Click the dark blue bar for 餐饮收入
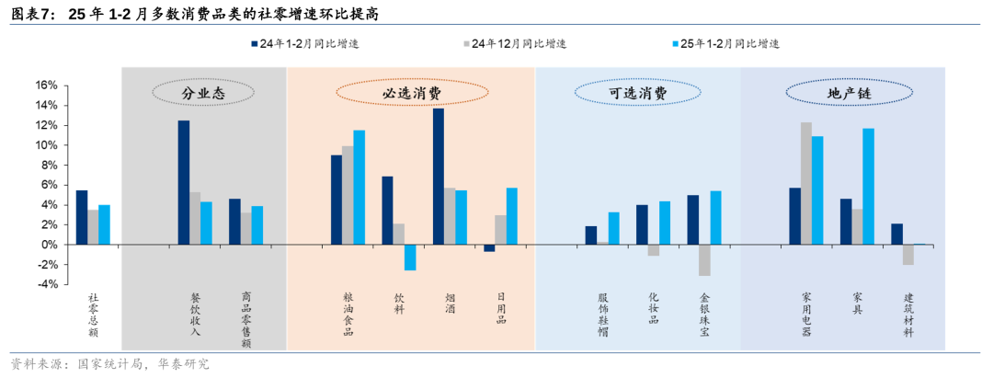click(184, 182)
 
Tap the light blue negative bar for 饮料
click(410, 258)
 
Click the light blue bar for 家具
click(869, 187)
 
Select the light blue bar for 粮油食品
click(360, 188)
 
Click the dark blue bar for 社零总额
click(82, 217)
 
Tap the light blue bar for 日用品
click(512, 216)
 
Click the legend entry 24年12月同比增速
click(514, 43)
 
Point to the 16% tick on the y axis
click(45, 86)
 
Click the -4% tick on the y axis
click(45, 284)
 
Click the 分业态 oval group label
click(202, 93)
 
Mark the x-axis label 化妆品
click(654, 309)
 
